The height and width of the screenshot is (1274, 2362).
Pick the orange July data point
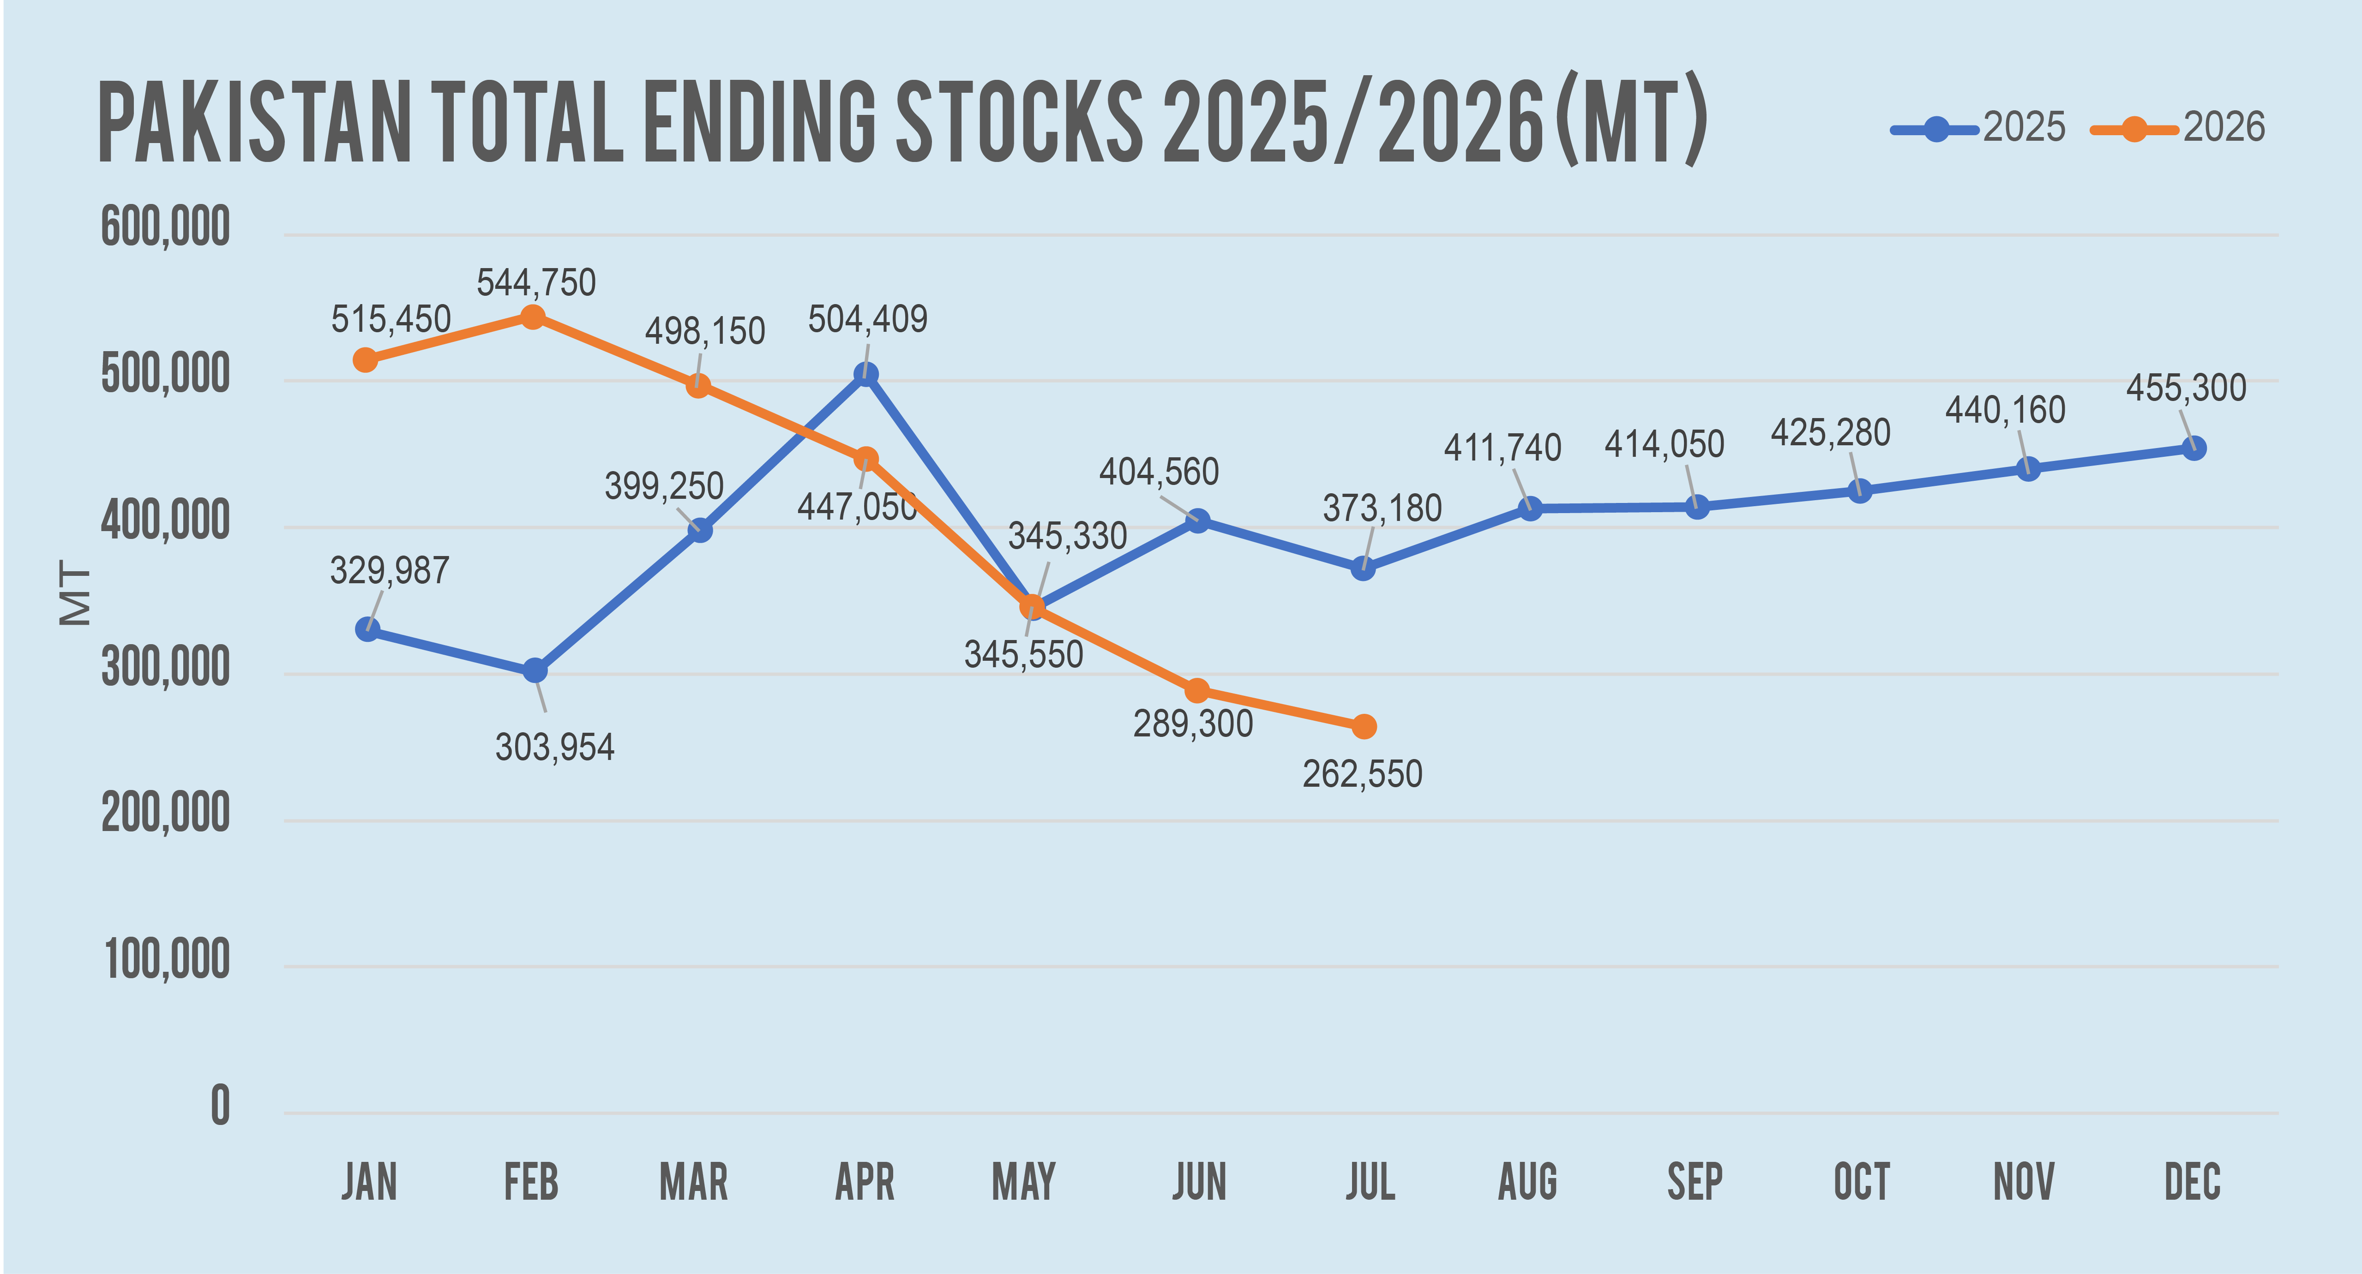pyautogui.click(x=1364, y=727)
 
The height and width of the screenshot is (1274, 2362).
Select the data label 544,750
pyautogui.click(x=536, y=282)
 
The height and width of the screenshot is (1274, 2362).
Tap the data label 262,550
pyautogui.click(x=1363, y=774)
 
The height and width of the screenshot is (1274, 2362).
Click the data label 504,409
pyautogui.click(x=867, y=319)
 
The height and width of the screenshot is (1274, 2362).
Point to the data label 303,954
pyautogui.click(x=555, y=747)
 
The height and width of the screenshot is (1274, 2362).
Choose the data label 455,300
pyautogui.click(x=2186, y=388)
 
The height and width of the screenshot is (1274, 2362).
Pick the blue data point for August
pyautogui.click(x=1529, y=508)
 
